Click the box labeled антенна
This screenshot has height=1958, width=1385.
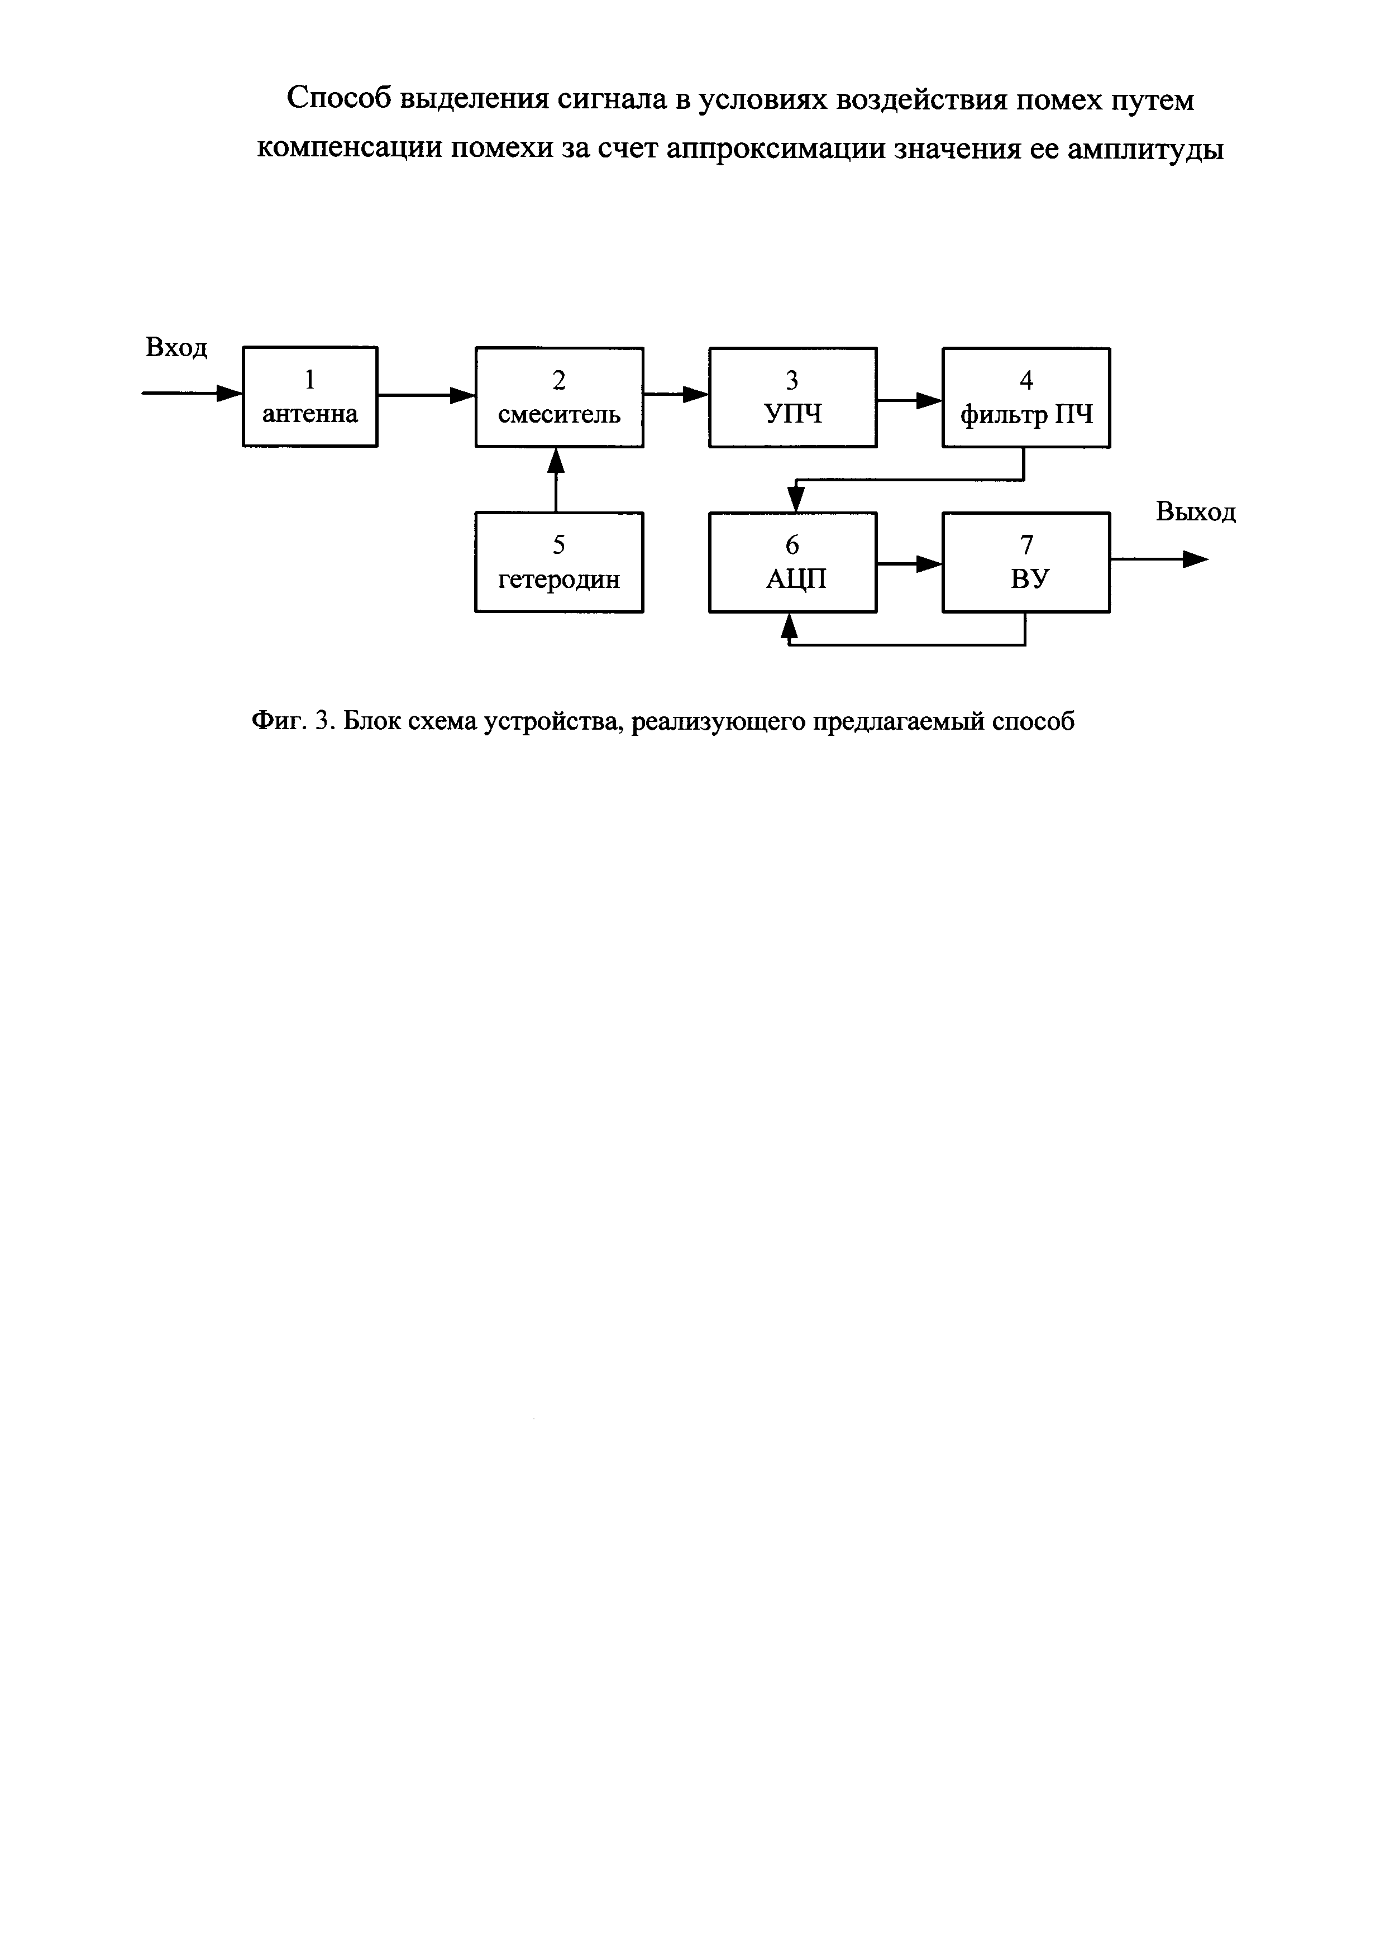[x=309, y=396]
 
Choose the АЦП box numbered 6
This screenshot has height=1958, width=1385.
[x=792, y=562]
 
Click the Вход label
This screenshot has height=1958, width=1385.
[x=176, y=348]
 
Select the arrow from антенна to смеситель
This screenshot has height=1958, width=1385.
[x=427, y=395]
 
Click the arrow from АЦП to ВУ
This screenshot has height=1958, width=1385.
[x=909, y=564]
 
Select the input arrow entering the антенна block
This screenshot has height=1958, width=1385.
[x=192, y=393]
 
